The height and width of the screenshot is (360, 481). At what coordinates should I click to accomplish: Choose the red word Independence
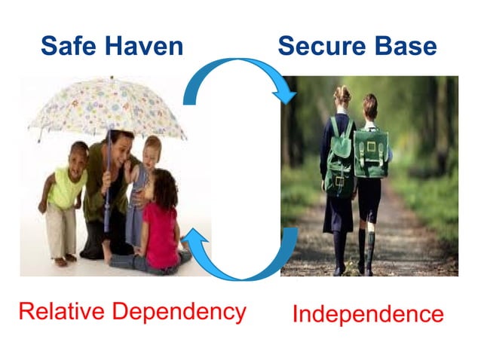tap(368, 313)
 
